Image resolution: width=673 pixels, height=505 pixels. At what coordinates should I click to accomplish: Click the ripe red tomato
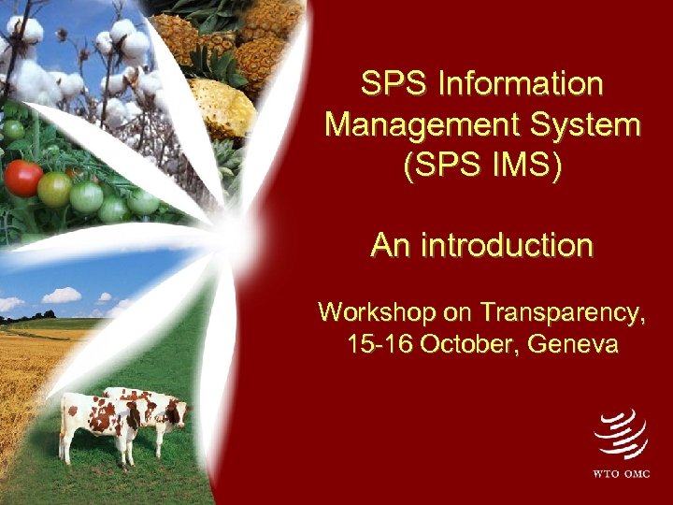[x=23, y=178]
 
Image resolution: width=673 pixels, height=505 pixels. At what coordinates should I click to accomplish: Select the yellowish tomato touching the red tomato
[x=55, y=190]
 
